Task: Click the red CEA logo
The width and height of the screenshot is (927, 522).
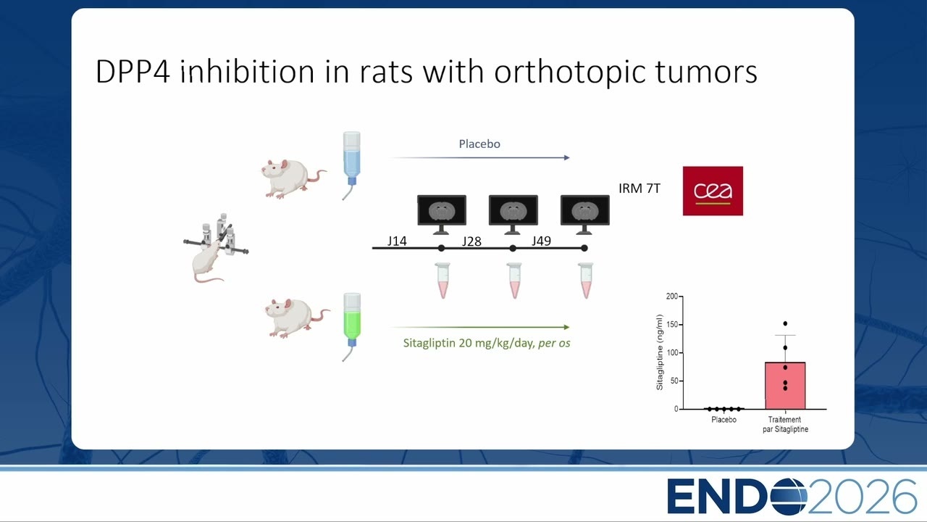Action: (x=713, y=191)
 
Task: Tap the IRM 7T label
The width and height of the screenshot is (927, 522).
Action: (x=639, y=188)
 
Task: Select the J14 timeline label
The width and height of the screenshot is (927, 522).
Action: (x=397, y=241)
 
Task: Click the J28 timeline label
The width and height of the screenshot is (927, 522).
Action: (x=471, y=241)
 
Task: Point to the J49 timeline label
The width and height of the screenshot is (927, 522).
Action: (x=541, y=241)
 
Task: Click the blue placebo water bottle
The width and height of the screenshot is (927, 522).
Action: (x=352, y=166)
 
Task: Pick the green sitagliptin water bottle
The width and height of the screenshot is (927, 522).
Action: (x=352, y=327)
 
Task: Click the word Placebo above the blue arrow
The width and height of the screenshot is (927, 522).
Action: (x=479, y=144)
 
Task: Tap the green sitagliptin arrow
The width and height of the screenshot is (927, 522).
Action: (x=480, y=327)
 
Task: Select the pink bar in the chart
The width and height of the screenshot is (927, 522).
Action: (x=785, y=386)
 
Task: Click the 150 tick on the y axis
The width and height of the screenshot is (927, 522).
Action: (x=672, y=324)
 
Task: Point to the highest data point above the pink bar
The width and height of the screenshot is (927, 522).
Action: (x=785, y=323)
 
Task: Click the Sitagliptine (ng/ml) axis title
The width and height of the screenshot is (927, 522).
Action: (x=660, y=352)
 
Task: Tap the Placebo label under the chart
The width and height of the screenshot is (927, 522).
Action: (x=723, y=420)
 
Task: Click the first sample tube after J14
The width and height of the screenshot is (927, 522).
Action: (x=442, y=281)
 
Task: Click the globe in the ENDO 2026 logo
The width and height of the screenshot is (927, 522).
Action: (x=789, y=497)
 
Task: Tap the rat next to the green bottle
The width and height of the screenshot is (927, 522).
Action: (x=297, y=318)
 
